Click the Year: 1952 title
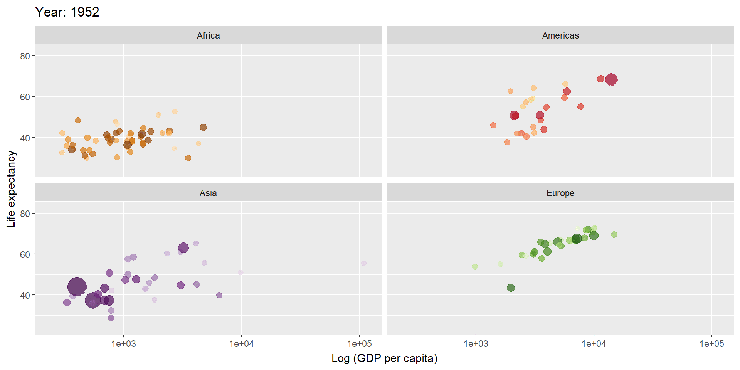tap(67, 12)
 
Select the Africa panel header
tap(208, 35)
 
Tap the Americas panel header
tap(560, 35)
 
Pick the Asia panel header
tap(208, 193)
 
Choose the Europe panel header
tap(560, 193)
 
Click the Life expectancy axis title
tap(11, 189)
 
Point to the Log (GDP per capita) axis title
tap(384, 358)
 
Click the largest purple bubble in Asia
tap(77, 287)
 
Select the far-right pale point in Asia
tap(363, 263)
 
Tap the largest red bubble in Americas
tap(611, 80)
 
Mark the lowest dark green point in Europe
tap(511, 288)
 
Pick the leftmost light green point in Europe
tap(475, 267)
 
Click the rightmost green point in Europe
tap(614, 234)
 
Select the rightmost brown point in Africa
tap(203, 128)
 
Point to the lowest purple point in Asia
tap(111, 318)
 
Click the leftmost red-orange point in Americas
tap(493, 125)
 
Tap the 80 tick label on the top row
tap(25, 56)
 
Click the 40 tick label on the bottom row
tap(25, 296)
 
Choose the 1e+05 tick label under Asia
tap(359, 344)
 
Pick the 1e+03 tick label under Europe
tap(476, 344)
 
